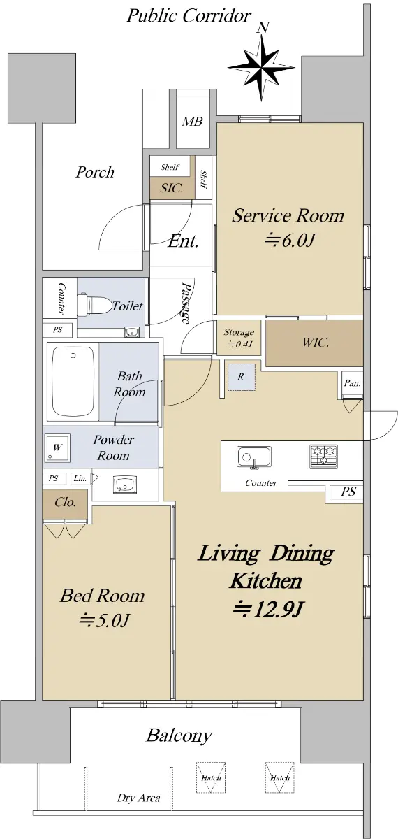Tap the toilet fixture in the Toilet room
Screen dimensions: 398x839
(x=94, y=305)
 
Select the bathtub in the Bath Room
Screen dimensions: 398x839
(x=73, y=381)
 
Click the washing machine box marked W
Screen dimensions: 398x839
(x=57, y=447)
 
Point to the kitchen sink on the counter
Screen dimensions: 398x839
(x=254, y=457)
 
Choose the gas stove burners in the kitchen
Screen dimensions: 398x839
(x=323, y=456)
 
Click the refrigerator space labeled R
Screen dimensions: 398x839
(x=242, y=377)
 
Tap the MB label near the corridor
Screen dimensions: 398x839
(x=192, y=122)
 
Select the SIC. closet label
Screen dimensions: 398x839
(x=171, y=188)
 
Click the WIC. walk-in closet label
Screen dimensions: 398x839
(x=316, y=342)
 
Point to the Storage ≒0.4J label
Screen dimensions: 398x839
(x=239, y=338)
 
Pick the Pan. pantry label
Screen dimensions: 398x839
(x=353, y=383)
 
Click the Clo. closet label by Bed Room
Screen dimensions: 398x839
(x=65, y=502)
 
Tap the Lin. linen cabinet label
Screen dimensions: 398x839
(x=80, y=478)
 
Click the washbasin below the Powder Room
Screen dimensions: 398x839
(x=125, y=485)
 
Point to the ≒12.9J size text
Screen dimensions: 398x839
(x=267, y=609)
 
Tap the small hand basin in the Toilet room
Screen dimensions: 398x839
(x=132, y=332)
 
